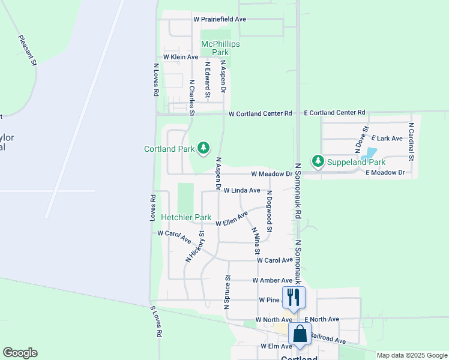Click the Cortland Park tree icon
203,148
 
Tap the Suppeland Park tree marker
318,161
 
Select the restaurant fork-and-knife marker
294,296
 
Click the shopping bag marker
300,334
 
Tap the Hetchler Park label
185,217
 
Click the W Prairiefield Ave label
220,19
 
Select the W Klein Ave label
176,57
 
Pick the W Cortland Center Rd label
260,113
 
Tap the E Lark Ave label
388,139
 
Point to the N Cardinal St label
412,143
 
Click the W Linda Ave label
242,190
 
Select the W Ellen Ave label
232,219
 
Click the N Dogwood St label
270,211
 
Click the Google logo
20,353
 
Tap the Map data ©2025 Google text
412,355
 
